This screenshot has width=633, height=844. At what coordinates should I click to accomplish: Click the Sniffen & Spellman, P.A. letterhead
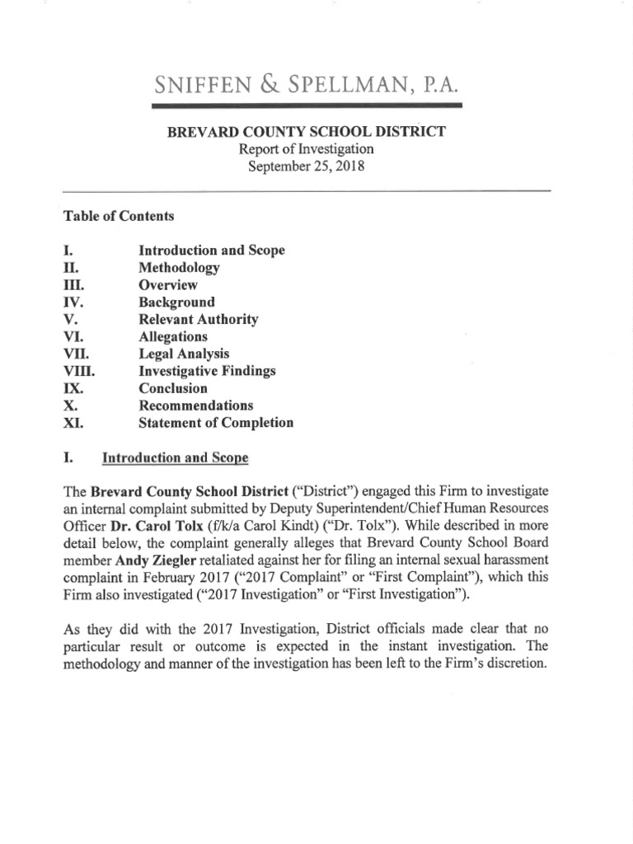[x=307, y=84]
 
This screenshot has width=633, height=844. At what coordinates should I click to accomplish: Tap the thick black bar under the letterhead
[x=307, y=105]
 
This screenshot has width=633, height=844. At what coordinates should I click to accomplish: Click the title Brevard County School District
[x=307, y=133]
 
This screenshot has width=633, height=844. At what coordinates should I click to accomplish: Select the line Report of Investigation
[x=307, y=149]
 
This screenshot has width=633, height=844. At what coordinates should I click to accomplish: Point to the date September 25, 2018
[x=307, y=165]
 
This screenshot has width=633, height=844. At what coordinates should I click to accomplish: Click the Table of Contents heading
[x=119, y=216]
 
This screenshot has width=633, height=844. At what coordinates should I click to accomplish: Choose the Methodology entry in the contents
[x=179, y=268]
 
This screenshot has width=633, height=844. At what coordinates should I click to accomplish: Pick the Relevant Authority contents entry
[x=198, y=319]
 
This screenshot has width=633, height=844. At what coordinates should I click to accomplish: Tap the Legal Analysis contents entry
[x=184, y=354]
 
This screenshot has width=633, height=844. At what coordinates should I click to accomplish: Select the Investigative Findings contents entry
[x=207, y=371]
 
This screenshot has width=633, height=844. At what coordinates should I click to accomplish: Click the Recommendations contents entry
[x=195, y=406]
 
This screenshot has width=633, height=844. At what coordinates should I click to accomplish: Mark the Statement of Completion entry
[x=216, y=423]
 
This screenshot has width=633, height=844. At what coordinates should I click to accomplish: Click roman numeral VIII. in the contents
[x=79, y=371]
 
